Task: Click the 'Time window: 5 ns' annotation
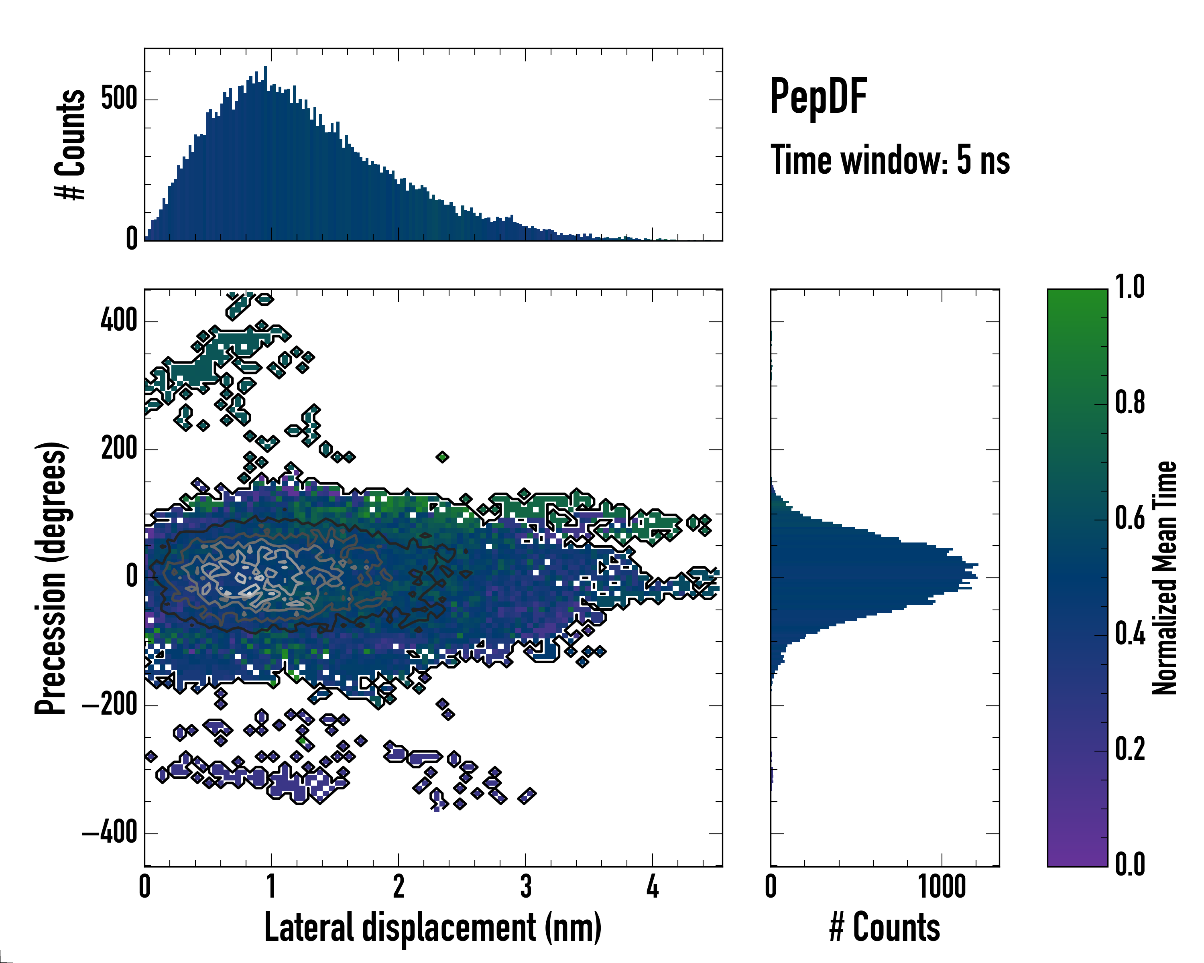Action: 890,160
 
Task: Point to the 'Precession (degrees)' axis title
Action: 51,578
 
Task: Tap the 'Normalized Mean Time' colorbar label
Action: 1164,578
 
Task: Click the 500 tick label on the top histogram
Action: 119,100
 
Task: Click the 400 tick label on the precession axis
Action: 119,321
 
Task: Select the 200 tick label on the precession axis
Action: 119,449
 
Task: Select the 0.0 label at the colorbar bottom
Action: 1130,864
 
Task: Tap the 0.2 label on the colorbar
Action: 1130,749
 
